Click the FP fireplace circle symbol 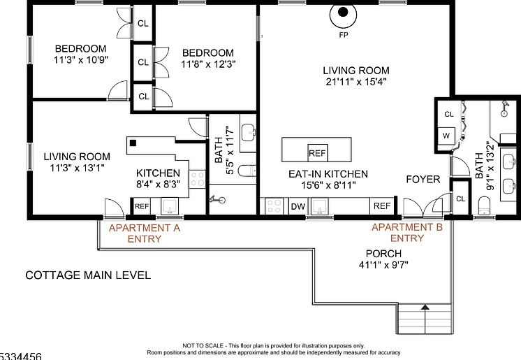pyautogui.click(x=343, y=15)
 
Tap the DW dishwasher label pyautogui.click(x=298, y=207)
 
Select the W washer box pyautogui.click(x=446, y=136)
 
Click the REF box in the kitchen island pyautogui.click(x=317, y=153)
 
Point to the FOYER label pyautogui.click(x=423, y=180)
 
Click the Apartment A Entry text pyautogui.click(x=145, y=233)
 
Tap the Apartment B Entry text pyautogui.click(x=407, y=233)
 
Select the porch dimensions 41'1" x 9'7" pyautogui.click(x=383, y=265)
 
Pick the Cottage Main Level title pyautogui.click(x=88, y=275)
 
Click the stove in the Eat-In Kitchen pyautogui.click(x=274, y=206)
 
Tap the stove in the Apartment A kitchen pyautogui.click(x=197, y=179)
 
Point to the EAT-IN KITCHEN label pyautogui.click(x=328, y=174)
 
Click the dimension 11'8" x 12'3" pyautogui.click(x=208, y=64)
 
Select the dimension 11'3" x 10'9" pyautogui.click(x=81, y=60)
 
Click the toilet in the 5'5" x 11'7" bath pyautogui.click(x=247, y=171)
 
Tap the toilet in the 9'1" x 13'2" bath pyautogui.click(x=484, y=206)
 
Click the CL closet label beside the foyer pyautogui.click(x=460, y=199)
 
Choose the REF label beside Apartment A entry pyautogui.click(x=142, y=206)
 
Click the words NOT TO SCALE pyautogui.click(x=203, y=346)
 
